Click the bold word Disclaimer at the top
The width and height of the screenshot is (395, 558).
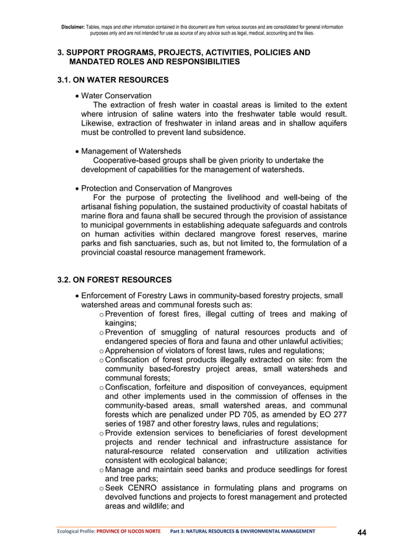click(74, 27)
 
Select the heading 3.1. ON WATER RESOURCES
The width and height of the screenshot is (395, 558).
click(113, 80)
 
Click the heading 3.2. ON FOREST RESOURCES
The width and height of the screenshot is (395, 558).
click(115, 280)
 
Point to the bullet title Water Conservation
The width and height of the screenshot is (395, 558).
click(116, 96)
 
